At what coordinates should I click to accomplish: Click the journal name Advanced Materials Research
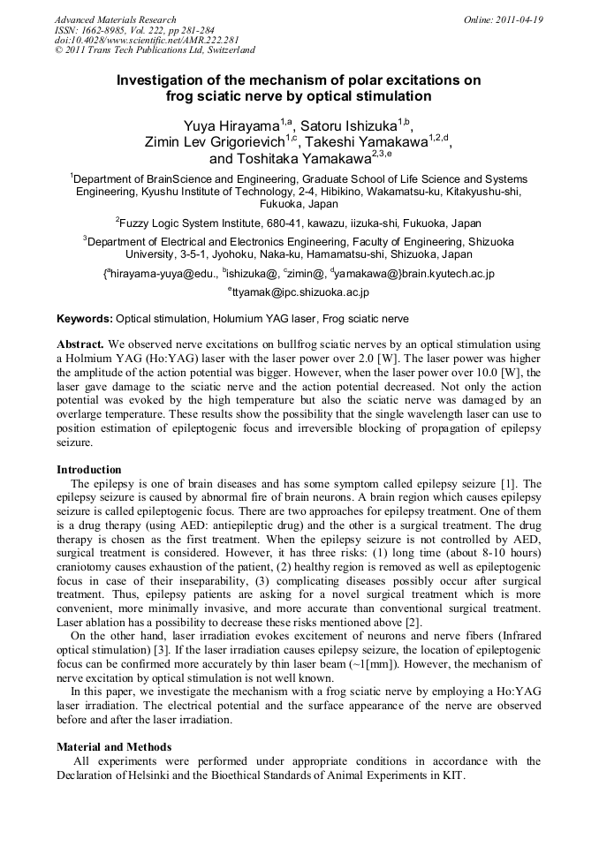115,19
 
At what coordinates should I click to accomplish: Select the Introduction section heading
89,470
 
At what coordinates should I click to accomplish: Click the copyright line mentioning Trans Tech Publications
155,50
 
